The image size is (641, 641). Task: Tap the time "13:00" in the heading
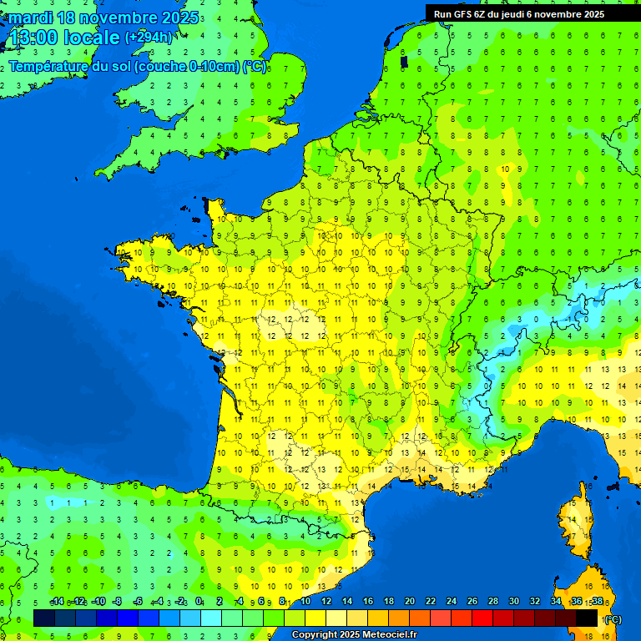pos(33,38)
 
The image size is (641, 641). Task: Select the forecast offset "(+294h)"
pos(149,38)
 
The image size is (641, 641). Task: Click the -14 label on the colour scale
pos(57,601)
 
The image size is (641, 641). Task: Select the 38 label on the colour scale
pos(597,601)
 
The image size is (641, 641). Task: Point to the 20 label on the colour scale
pos(409,601)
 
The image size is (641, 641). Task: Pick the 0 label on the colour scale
pos(199,601)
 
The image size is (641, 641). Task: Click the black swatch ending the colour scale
pos(587,618)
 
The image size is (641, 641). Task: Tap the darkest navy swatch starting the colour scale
pos(44,618)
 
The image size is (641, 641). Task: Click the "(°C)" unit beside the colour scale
pos(612,619)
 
